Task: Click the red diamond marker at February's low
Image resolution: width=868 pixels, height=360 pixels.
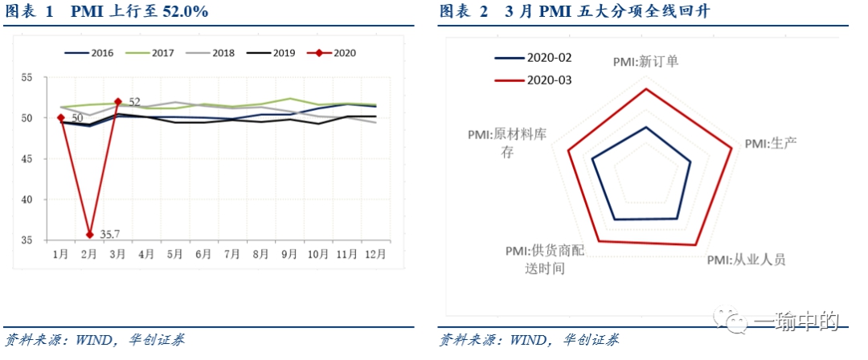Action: coord(90,235)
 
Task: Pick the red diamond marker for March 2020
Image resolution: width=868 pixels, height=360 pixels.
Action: coord(118,102)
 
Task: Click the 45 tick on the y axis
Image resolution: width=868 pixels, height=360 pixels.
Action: coord(27,159)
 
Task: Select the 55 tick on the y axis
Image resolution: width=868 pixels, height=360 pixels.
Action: coord(27,78)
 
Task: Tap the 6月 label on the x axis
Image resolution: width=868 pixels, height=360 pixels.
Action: coord(203,254)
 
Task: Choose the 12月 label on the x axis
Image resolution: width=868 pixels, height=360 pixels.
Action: coord(375,254)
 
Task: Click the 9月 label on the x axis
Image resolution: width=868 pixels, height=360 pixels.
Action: coord(289,254)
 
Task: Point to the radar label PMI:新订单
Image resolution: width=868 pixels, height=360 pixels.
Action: coord(645,60)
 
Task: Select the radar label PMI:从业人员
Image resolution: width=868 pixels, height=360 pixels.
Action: coord(746,260)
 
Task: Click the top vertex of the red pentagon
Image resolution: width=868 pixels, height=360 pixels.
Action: coord(646,89)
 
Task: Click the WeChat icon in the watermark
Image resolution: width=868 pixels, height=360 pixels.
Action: coord(736,322)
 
